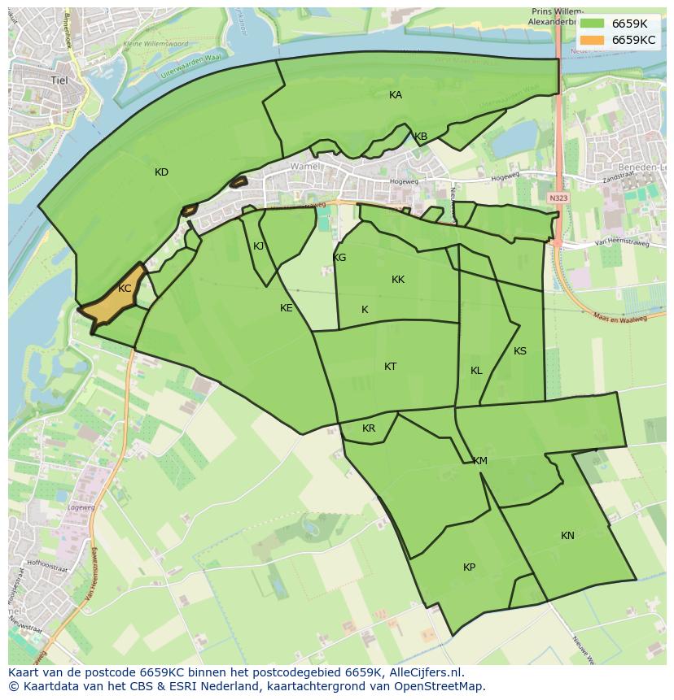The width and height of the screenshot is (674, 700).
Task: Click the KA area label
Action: tap(396, 95)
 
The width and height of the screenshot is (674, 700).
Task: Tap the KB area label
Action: tap(421, 137)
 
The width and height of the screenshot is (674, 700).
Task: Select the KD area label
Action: tap(161, 172)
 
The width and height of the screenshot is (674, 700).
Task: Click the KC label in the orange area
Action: tap(125, 289)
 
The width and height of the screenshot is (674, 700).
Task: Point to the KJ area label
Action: tap(259, 246)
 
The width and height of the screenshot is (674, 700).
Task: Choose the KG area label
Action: tap(339, 258)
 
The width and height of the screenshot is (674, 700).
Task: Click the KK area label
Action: tap(398, 280)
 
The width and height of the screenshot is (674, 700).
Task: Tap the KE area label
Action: tap(287, 308)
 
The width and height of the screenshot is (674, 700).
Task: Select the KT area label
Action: tap(390, 367)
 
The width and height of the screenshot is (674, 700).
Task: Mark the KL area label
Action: tap(476, 371)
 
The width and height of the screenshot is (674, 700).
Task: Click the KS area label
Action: tap(520, 351)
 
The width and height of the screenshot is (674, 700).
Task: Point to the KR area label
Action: tap(369, 428)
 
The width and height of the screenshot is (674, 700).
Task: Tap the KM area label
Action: tap(480, 461)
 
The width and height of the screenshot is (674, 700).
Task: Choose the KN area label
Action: tap(567, 536)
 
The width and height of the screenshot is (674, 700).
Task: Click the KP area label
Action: tap(469, 567)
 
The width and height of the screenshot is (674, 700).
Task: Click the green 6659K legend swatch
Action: tap(593, 24)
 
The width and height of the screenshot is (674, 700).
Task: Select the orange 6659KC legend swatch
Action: tap(593, 40)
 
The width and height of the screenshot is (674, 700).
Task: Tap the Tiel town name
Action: tap(59, 80)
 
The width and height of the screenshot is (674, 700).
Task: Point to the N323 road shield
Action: tap(558, 198)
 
